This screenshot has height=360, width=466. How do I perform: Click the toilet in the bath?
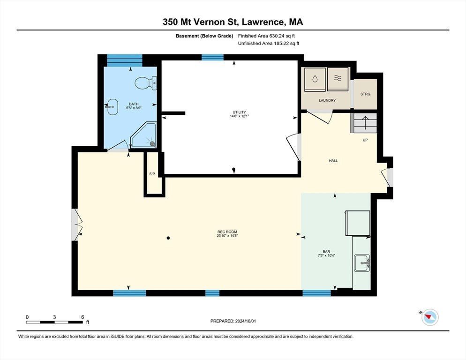(x=146, y=83)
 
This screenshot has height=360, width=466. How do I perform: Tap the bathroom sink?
(x=112, y=107)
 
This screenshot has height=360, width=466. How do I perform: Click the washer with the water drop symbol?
(x=315, y=79)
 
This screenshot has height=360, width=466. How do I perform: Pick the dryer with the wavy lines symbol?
(x=338, y=79)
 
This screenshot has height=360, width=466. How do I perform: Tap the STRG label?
(x=365, y=94)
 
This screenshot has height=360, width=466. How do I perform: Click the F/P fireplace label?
(x=152, y=174)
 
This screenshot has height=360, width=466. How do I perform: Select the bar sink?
(x=361, y=263)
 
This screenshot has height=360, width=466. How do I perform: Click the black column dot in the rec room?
(x=168, y=238)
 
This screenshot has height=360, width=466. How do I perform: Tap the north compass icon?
(x=430, y=317)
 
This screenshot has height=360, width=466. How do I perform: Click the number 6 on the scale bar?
(x=83, y=317)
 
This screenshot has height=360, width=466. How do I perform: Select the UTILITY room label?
(x=239, y=112)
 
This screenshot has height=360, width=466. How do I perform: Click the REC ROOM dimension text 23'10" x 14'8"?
(x=227, y=236)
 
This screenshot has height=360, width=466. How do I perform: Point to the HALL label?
(x=333, y=160)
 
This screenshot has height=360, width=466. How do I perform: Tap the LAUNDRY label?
(x=327, y=100)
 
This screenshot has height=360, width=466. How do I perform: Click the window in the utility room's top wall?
(x=212, y=57)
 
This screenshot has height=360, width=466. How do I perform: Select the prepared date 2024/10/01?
(x=246, y=321)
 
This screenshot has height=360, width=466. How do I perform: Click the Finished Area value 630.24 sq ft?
(x=282, y=36)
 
